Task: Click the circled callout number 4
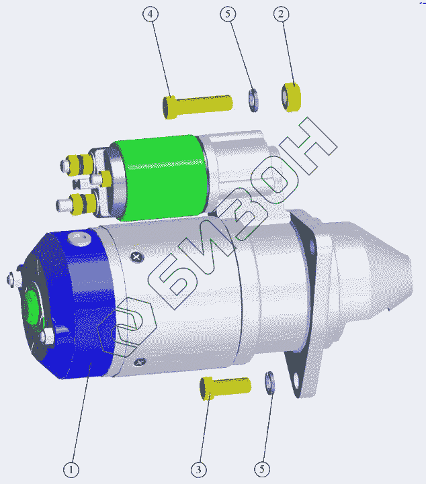(151, 14)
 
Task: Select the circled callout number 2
(281, 14)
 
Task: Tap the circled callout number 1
(71, 470)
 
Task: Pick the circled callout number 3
(199, 470)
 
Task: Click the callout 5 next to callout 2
(228, 14)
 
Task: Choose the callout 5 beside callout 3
(262, 469)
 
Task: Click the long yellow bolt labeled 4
(198, 106)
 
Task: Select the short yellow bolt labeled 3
(225, 388)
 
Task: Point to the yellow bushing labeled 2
(291, 97)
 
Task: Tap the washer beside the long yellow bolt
(253, 100)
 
